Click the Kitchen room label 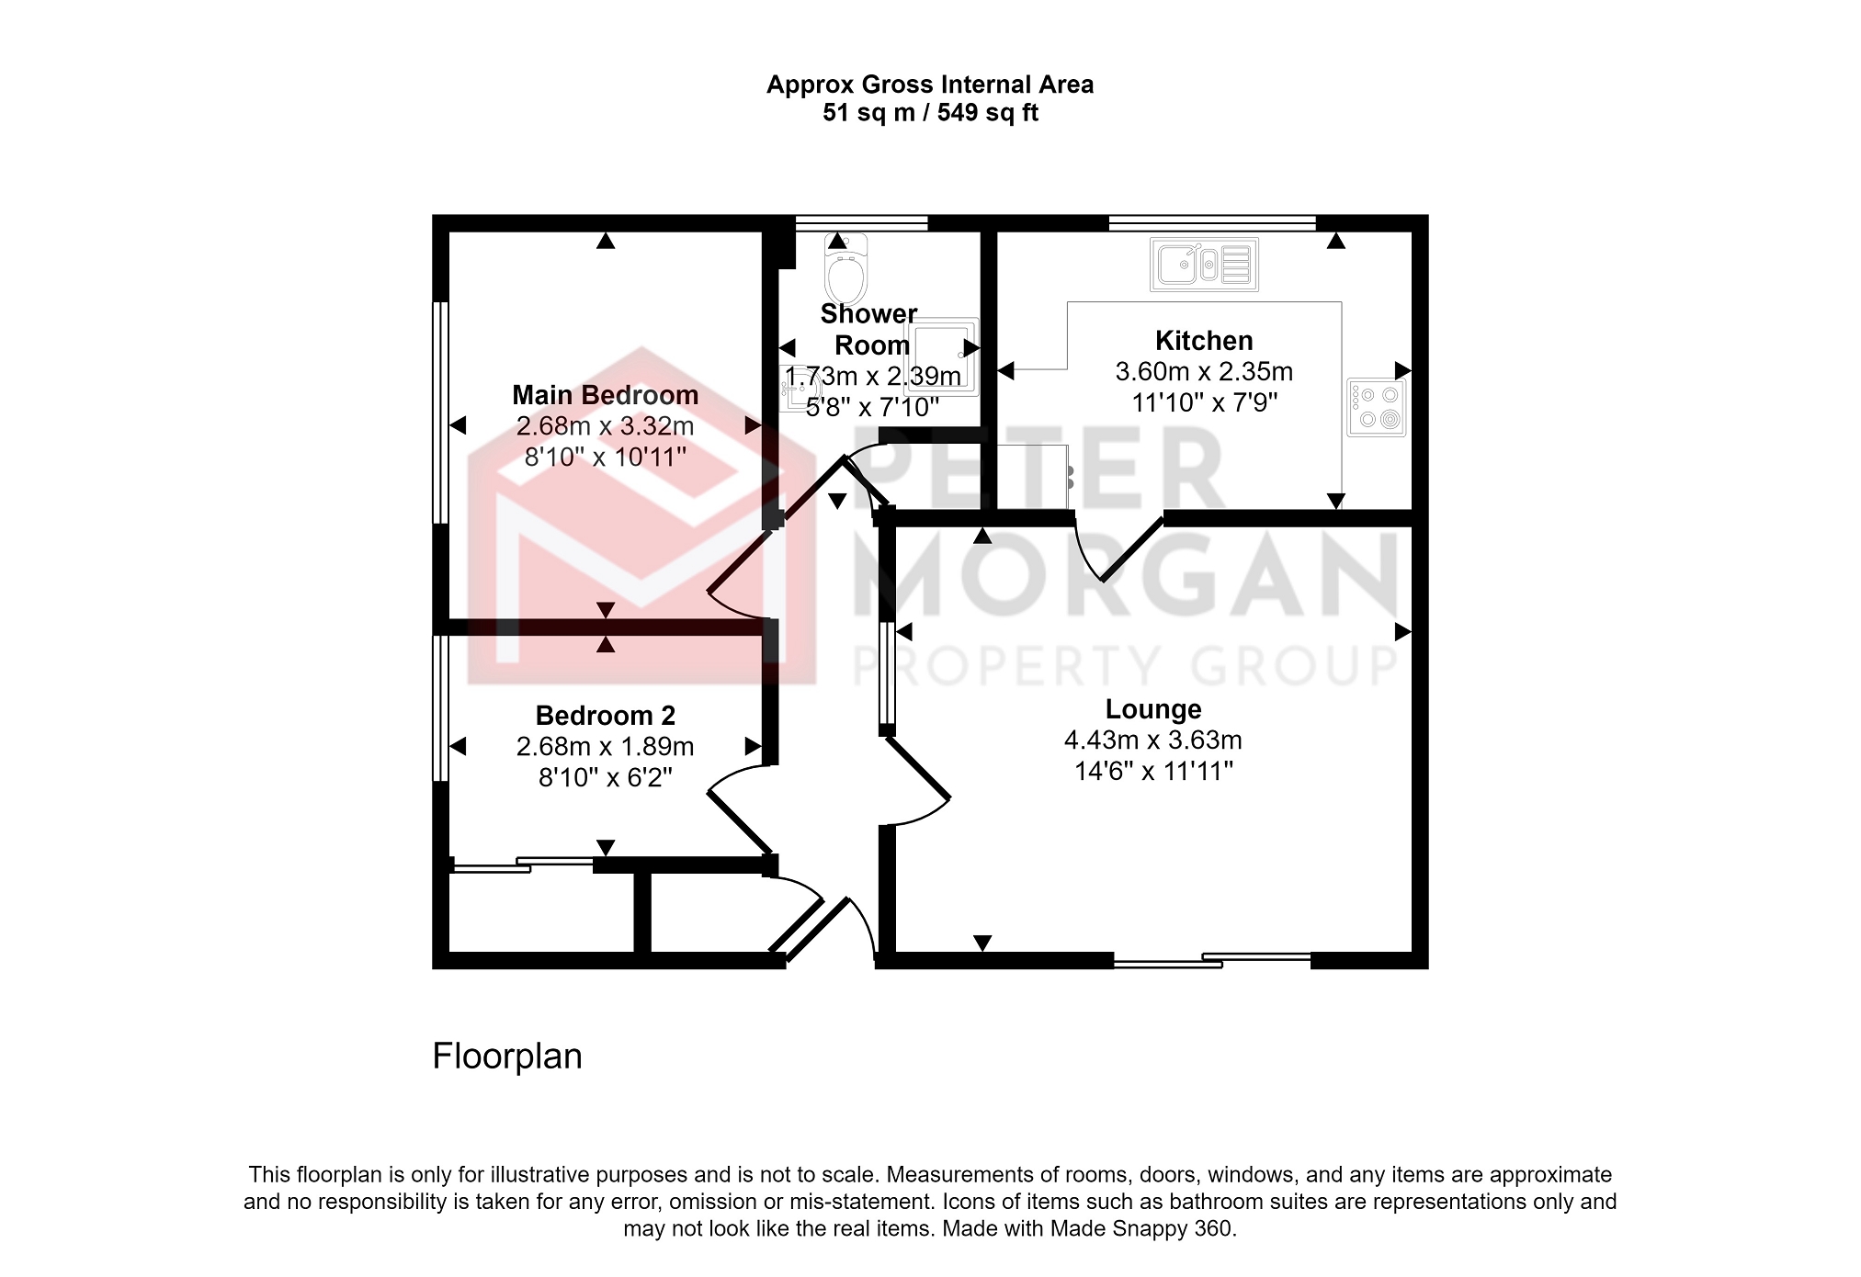pos(1204,341)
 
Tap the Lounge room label pos(1153,709)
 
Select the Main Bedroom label pos(606,395)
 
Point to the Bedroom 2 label pos(606,716)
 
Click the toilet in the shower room pos(845,268)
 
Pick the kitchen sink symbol pos(1204,265)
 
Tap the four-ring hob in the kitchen pos(1377,407)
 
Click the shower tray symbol pos(942,356)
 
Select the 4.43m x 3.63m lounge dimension pos(1153,740)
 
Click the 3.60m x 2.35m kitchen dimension pos(1204,372)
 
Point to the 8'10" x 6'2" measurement pos(606,778)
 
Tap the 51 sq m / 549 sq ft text pos(930,113)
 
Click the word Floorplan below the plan pos(507,1057)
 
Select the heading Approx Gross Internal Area pos(930,85)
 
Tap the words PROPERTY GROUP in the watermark pos(1126,666)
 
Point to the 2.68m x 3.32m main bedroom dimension pos(606,426)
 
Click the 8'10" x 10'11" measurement pos(606,458)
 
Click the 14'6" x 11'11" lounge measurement pos(1153,772)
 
